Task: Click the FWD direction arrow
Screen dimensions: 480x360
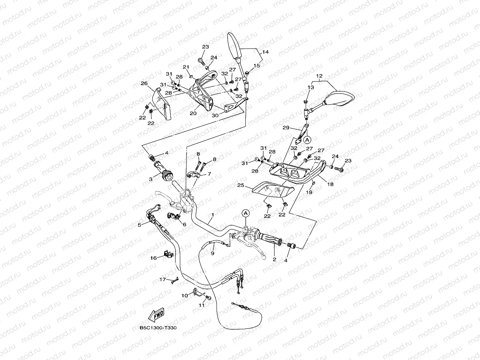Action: click(156, 315)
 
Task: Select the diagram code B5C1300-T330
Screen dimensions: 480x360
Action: click(158, 328)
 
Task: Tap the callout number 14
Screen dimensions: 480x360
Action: click(265, 52)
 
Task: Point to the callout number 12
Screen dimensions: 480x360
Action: click(319, 76)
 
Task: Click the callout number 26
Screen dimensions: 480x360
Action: click(144, 83)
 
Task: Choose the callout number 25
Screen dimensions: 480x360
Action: click(241, 185)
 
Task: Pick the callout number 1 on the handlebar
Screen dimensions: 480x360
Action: click(213, 215)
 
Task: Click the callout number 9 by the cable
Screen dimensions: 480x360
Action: click(212, 253)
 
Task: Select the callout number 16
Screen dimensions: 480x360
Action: click(153, 258)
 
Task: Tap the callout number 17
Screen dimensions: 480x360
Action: click(162, 279)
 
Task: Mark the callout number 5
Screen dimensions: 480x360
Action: click(139, 225)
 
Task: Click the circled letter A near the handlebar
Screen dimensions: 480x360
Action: click(246, 213)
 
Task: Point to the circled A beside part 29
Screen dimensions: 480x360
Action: click(307, 140)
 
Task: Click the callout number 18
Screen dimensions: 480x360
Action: click(330, 184)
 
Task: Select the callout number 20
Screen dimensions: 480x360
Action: click(193, 113)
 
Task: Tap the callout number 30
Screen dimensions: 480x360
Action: click(215, 115)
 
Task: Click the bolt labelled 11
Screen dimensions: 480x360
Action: click(208, 298)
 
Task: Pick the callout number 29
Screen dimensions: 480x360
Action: click(286, 128)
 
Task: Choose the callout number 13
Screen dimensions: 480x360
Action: click(311, 87)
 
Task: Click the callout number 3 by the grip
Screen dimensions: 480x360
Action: click(151, 179)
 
